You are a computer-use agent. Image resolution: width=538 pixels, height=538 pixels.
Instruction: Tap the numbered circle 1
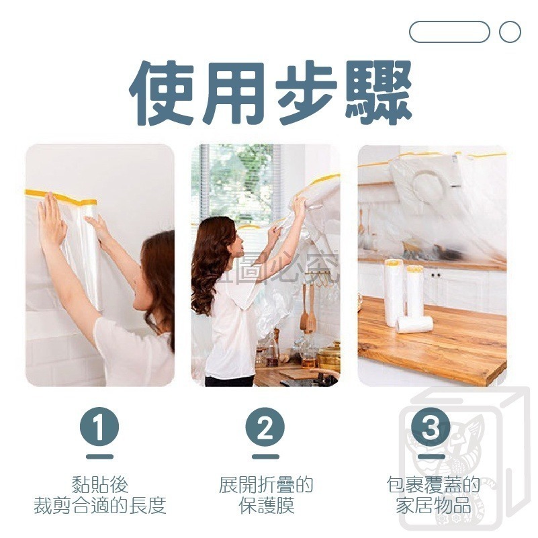click(99, 428)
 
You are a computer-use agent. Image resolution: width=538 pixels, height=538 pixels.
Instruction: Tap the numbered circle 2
click(265, 428)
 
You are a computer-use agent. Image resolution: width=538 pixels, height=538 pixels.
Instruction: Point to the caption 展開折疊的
click(265, 485)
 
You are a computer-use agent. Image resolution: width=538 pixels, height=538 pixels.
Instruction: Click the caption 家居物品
click(433, 506)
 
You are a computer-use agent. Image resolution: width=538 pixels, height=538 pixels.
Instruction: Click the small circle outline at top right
click(510, 32)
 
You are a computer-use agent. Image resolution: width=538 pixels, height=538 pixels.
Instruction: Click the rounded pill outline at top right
click(449, 32)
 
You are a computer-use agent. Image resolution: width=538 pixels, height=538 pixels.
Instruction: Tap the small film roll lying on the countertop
click(414, 324)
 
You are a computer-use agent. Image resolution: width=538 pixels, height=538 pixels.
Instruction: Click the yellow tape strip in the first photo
click(60, 197)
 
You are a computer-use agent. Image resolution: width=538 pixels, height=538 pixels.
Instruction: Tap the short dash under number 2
click(265, 456)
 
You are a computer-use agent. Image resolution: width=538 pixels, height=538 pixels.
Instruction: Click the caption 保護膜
click(265, 506)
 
